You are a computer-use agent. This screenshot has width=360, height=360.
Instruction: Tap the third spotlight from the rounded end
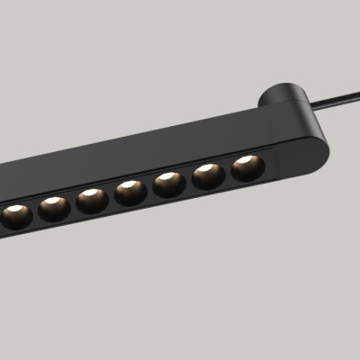pyautogui.click(x=169, y=184)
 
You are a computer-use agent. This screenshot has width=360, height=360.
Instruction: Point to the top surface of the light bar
pyautogui.click(x=162, y=144)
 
